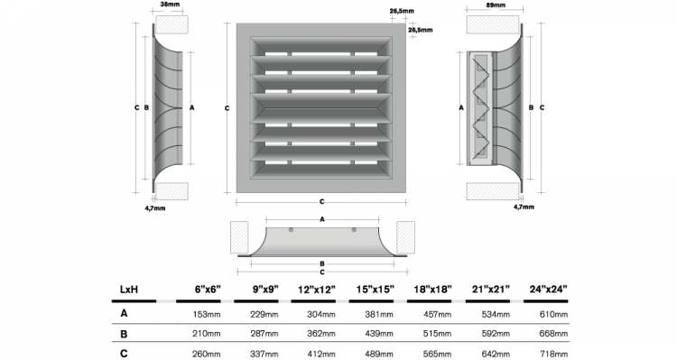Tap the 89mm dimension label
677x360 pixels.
[496, 5]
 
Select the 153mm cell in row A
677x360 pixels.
[207, 314]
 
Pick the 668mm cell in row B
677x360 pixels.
[553, 334]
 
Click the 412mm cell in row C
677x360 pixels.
[321, 355]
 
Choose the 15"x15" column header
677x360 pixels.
[376, 290]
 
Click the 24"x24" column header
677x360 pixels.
[548, 290]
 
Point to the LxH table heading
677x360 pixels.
[129, 290]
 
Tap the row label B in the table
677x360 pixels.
[124, 334]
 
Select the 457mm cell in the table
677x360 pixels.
[438, 314]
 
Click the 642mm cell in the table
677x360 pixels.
[496, 355]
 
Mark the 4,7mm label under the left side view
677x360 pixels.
[155, 208]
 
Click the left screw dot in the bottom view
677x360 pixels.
[291, 230]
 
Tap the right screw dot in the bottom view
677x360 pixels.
[354, 230]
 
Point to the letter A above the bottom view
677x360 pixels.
[322, 219]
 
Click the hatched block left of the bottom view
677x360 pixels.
[239, 237]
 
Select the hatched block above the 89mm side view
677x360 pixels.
[493, 25]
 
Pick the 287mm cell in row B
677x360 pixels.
[264, 334]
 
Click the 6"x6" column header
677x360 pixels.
[209, 290]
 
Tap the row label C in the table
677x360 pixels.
[124, 354]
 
